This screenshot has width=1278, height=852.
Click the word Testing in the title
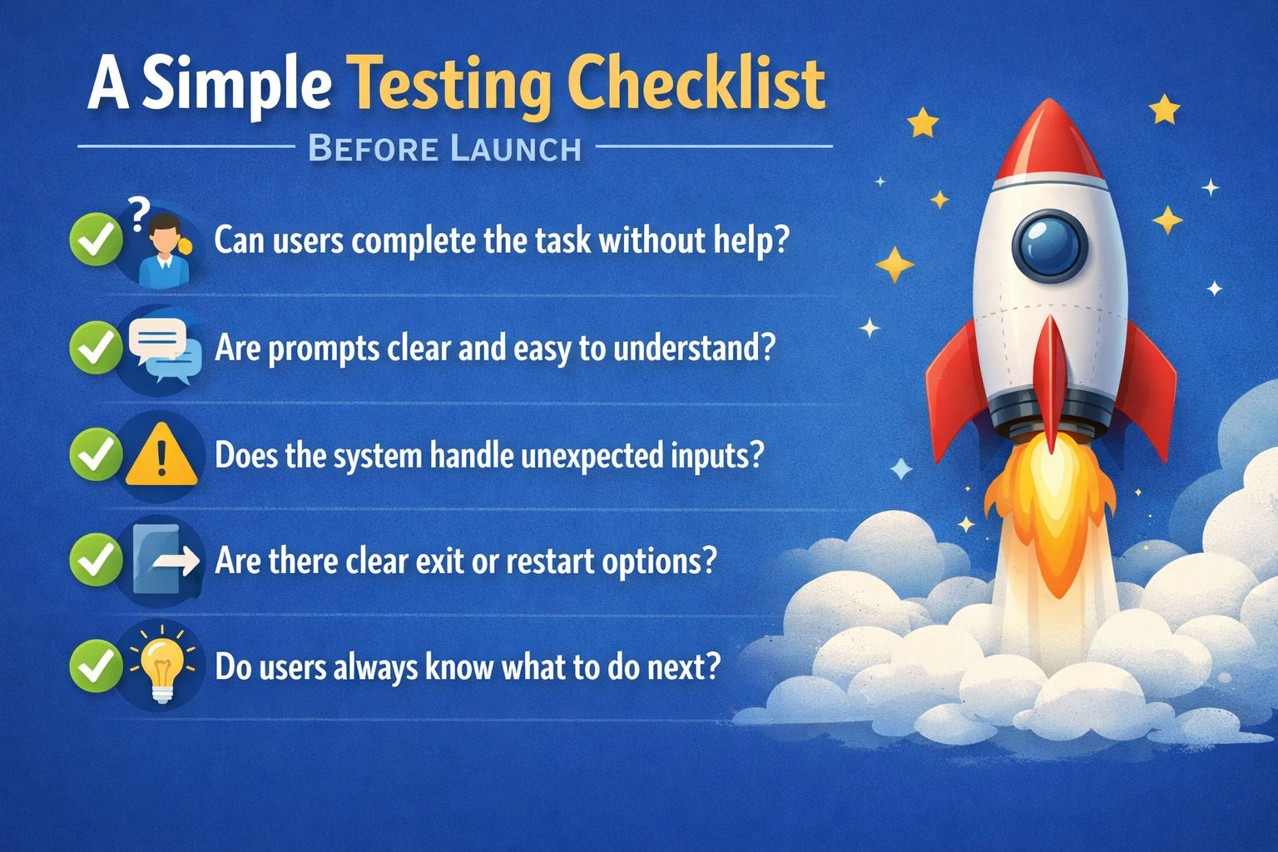[x=449, y=86]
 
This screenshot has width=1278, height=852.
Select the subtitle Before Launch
[x=444, y=148]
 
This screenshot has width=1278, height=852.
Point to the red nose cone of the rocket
[x=1048, y=142]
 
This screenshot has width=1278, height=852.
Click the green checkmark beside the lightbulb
[x=96, y=666]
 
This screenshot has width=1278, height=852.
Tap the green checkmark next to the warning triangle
[x=96, y=455]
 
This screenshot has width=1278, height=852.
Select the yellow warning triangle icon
[x=161, y=455]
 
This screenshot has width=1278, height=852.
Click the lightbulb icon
[x=162, y=664]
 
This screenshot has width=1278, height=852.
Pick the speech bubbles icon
[x=166, y=350]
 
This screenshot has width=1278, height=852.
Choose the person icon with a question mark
[x=161, y=245]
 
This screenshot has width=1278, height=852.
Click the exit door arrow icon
[x=166, y=559]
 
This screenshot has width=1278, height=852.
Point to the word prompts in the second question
[x=324, y=349]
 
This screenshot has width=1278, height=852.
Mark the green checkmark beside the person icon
[x=96, y=239]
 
